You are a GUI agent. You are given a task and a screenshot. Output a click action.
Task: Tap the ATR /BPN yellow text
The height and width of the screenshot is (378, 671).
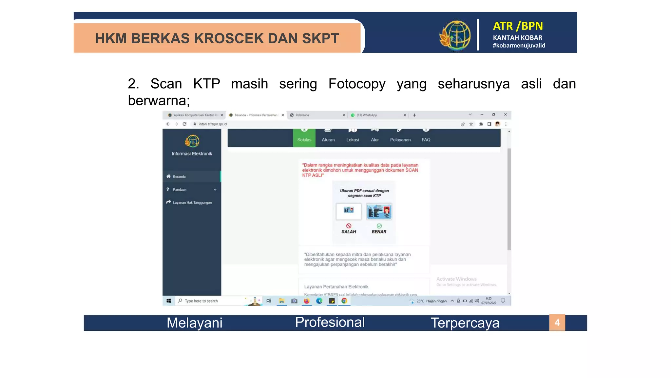[x=518, y=26]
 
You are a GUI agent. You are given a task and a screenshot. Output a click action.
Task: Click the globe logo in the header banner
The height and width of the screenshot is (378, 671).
[x=455, y=35]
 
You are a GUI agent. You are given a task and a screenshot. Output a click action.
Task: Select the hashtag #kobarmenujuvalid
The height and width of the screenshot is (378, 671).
[x=519, y=46]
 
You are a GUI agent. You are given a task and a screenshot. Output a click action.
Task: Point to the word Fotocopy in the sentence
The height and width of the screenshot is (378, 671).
[x=357, y=84]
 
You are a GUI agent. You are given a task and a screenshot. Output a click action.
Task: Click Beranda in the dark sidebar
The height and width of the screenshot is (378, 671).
[x=179, y=177]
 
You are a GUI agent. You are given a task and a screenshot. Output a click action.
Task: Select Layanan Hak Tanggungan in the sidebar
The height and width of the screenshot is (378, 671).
[x=192, y=202]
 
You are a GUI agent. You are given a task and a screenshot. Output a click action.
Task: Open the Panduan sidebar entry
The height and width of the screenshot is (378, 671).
[x=180, y=190]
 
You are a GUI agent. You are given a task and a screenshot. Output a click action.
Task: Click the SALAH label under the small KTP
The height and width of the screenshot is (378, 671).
[x=349, y=232]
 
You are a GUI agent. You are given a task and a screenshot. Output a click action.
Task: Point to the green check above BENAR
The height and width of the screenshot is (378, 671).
[x=379, y=226]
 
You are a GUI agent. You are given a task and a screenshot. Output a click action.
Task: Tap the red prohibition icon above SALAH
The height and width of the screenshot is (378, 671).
[x=349, y=226]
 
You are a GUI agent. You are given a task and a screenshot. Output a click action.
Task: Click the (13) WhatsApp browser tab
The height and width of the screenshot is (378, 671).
[x=367, y=115]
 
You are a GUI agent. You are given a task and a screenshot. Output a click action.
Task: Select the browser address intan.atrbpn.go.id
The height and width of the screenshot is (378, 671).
[x=213, y=124]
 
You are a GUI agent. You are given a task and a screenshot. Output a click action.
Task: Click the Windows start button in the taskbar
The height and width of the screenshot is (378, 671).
[x=169, y=301]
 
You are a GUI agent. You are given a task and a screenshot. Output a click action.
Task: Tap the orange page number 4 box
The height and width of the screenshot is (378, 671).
[x=557, y=323]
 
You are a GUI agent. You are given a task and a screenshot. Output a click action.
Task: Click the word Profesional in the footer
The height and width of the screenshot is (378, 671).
[x=330, y=322]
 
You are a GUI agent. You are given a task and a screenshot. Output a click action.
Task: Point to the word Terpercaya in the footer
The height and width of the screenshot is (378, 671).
[x=465, y=323]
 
